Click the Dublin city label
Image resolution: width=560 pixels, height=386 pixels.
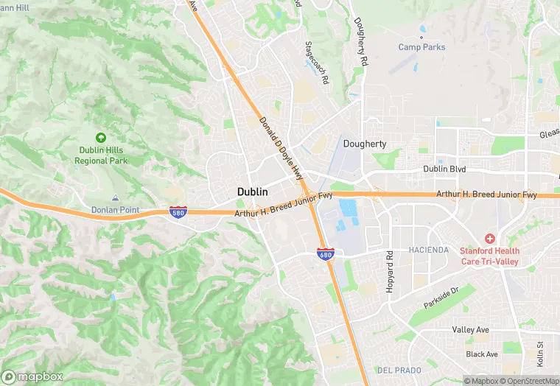click(x=253, y=191)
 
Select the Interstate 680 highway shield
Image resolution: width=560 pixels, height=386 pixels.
click(x=324, y=253)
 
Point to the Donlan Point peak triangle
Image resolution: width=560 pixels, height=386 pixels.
click(x=115, y=198)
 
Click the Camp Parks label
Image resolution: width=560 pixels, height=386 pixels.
click(x=421, y=47)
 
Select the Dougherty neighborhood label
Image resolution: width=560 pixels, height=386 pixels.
click(x=365, y=144)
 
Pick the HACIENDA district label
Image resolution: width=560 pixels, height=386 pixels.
click(x=428, y=250)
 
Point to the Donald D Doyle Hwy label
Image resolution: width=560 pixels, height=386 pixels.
click(x=281, y=147)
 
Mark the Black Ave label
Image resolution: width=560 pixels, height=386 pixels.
click(x=482, y=354)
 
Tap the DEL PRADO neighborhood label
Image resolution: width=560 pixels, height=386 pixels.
click(x=397, y=368)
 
